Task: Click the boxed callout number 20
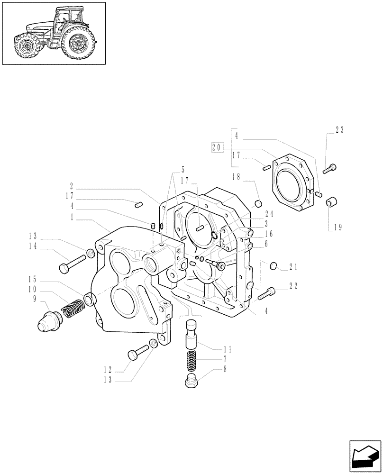218,147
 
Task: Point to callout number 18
237,177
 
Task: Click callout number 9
34,299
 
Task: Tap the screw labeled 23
330,167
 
